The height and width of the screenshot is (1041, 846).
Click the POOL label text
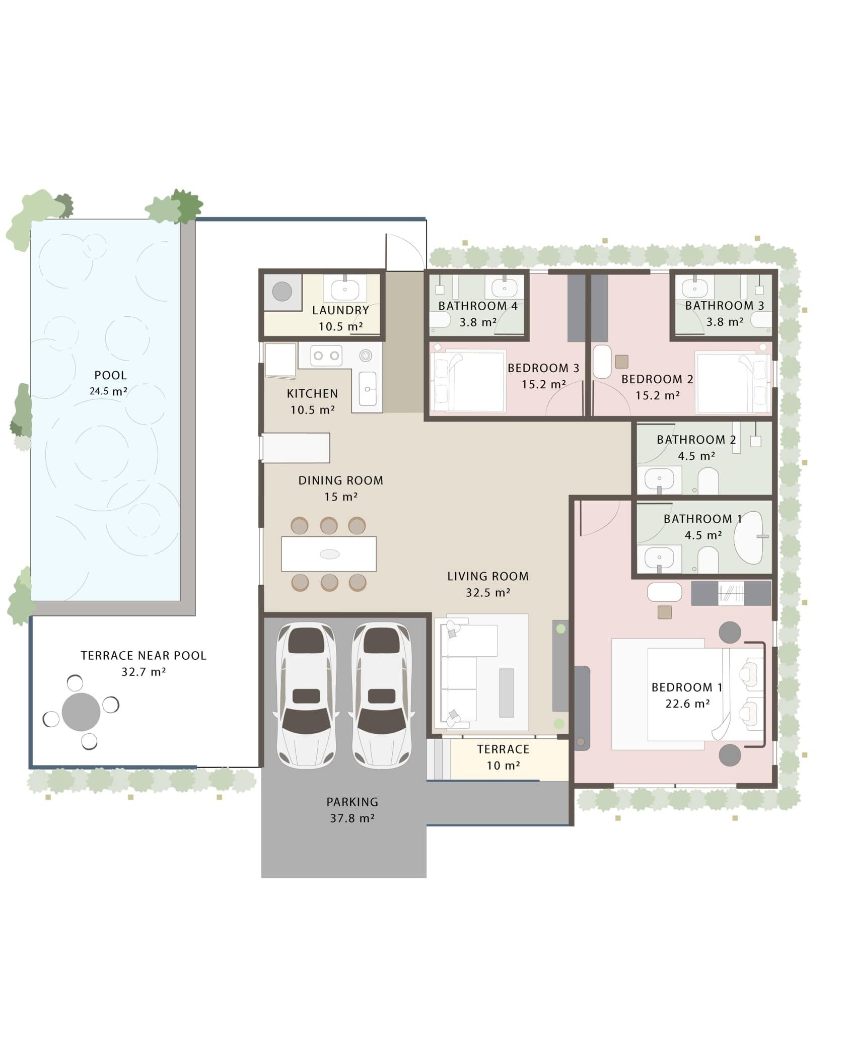pyautogui.click(x=111, y=375)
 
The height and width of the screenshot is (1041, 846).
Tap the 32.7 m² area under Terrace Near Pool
pyautogui.click(x=144, y=671)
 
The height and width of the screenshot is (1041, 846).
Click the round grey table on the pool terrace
pyautogui.click(x=81, y=712)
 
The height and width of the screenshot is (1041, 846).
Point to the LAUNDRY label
pyautogui.click(x=340, y=310)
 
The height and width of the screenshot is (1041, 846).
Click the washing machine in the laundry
pyautogui.click(x=282, y=292)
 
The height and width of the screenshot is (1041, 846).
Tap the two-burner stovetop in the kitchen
pyautogui.click(x=326, y=356)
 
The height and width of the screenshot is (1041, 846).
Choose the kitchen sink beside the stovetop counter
pyautogui.click(x=368, y=389)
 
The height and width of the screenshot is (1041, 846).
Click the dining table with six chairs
pyautogui.click(x=329, y=554)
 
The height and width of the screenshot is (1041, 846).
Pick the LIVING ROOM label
pyautogui.click(x=488, y=576)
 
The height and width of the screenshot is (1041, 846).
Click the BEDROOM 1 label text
pyautogui.click(x=687, y=687)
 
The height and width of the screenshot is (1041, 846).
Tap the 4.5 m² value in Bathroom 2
pyautogui.click(x=696, y=456)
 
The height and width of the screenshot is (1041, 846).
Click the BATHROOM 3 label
pyautogui.click(x=725, y=306)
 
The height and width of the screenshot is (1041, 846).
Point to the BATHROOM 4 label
pyautogui.click(x=478, y=306)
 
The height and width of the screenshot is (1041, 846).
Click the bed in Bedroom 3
pyautogui.click(x=468, y=380)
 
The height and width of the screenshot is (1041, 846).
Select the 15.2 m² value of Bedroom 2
pyautogui.click(x=657, y=396)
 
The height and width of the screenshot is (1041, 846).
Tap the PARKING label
pyautogui.click(x=352, y=802)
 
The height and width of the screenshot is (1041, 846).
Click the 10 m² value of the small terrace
pyautogui.click(x=503, y=766)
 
